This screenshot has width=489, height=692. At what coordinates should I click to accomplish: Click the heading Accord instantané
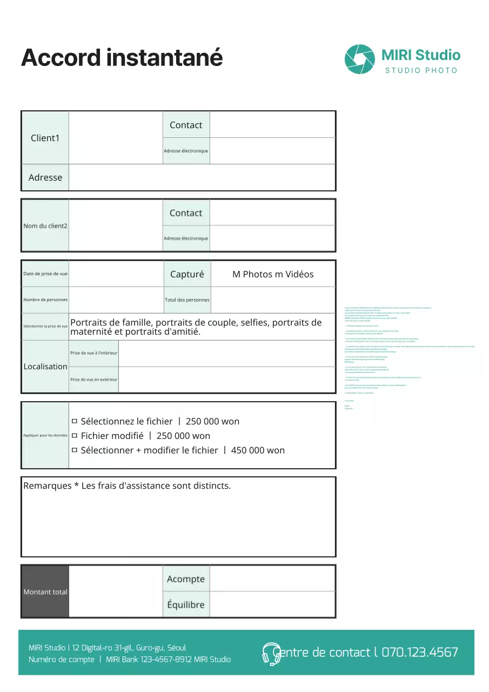pos(122,57)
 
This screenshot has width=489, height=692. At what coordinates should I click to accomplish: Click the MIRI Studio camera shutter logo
pos(359,59)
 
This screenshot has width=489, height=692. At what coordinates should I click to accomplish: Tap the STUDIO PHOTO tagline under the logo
pos(421,71)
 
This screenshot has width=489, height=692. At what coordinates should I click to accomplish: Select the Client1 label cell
pos(45,138)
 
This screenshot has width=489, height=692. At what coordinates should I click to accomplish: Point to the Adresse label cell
pos(45,177)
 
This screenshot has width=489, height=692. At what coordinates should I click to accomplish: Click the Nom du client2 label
pos(45,225)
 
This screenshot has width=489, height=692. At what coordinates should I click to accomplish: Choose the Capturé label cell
pos(187,274)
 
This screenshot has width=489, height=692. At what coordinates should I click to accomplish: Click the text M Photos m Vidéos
pos(273,274)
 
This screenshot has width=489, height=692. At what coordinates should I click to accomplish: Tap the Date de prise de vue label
pos(45,274)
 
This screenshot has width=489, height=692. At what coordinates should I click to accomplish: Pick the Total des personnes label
pos(187,300)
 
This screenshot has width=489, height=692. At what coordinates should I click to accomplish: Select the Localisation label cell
pos(45,367)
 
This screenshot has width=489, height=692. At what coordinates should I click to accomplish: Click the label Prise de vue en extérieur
pos(94,380)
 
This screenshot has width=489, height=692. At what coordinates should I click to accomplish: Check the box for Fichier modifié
pos(75,436)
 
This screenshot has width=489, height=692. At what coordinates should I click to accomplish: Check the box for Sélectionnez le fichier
pos(75,421)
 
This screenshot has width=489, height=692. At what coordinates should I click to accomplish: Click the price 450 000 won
pos(258,450)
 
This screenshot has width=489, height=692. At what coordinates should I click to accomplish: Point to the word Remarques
pos(48,485)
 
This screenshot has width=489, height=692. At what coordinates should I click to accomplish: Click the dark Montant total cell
pos(45,592)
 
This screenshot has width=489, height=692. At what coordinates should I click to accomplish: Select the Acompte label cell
pos(186,579)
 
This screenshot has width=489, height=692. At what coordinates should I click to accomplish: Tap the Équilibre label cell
pos(186,604)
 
